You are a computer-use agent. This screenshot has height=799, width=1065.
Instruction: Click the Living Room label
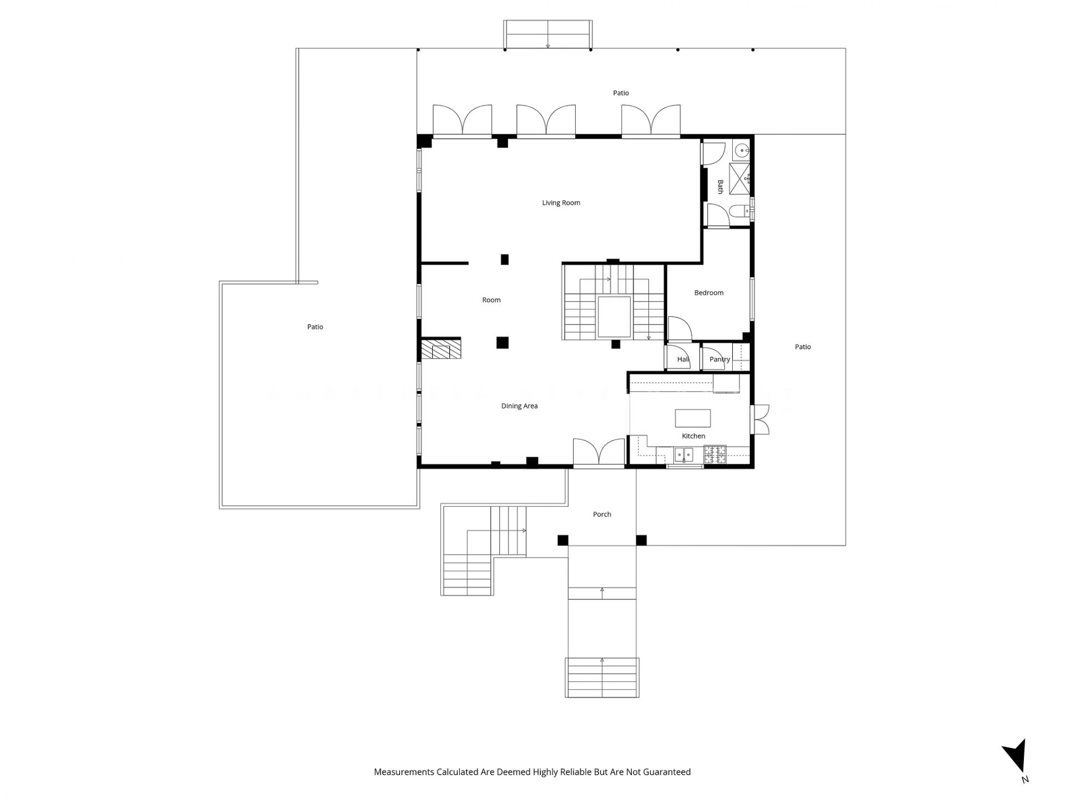click(x=561, y=203)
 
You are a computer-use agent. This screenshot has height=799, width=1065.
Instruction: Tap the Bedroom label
click(x=709, y=292)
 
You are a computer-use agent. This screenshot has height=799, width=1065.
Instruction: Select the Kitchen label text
click(x=693, y=436)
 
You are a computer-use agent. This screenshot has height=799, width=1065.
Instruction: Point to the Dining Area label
click(x=519, y=406)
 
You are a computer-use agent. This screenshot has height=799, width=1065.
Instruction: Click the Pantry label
click(x=719, y=360)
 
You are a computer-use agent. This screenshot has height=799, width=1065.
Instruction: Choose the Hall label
click(x=683, y=359)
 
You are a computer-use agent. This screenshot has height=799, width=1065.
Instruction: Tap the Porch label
click(x=602, y=514)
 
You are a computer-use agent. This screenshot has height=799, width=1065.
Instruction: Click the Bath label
click(x=721, y=186)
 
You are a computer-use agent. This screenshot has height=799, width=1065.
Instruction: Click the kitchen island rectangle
click(x=693, y=418)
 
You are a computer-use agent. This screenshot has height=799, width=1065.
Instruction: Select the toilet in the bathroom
click(x=741, y=211)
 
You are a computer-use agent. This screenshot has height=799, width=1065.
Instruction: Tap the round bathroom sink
click(x=742, y=150)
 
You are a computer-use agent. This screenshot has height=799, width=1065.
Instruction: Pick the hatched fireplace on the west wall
click(x=441, y=350)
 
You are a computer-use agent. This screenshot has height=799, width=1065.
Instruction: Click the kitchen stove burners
click(x=715, y=454)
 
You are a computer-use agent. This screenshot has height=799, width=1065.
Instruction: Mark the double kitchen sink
click(x=683, y=454)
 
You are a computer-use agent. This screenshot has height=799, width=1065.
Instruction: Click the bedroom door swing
click(x=679, y=328)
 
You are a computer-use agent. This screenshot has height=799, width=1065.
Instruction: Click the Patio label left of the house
click(x=315, y=327)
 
